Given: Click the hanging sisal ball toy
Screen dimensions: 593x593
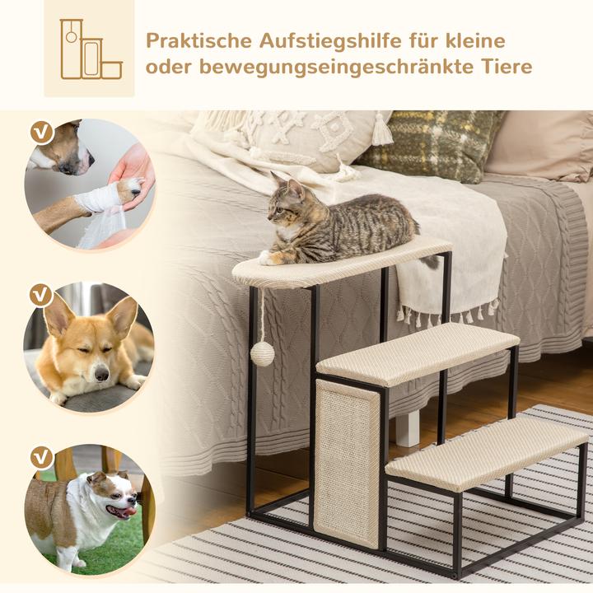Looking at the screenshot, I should pyautogui.click(x=262, y=354).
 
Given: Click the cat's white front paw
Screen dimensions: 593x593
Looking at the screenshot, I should pyautogui.click(x=266, y=258).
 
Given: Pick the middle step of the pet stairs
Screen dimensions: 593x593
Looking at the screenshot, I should pyautogui.click(x=417, y=353).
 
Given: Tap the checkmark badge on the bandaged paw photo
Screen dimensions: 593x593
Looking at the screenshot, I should pyautogui.click(x=39, y=132).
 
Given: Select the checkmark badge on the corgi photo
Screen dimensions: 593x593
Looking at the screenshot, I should pyautogui.click(x=39, y=294).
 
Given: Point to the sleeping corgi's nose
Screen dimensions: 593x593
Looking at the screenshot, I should pyautogui.click(x=100, y=374).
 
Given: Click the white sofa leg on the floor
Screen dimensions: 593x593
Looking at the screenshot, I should pyautogui.click(x=407, y=427).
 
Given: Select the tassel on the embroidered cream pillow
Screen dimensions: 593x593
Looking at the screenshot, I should pyautogui.click(x=381, y=130).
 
